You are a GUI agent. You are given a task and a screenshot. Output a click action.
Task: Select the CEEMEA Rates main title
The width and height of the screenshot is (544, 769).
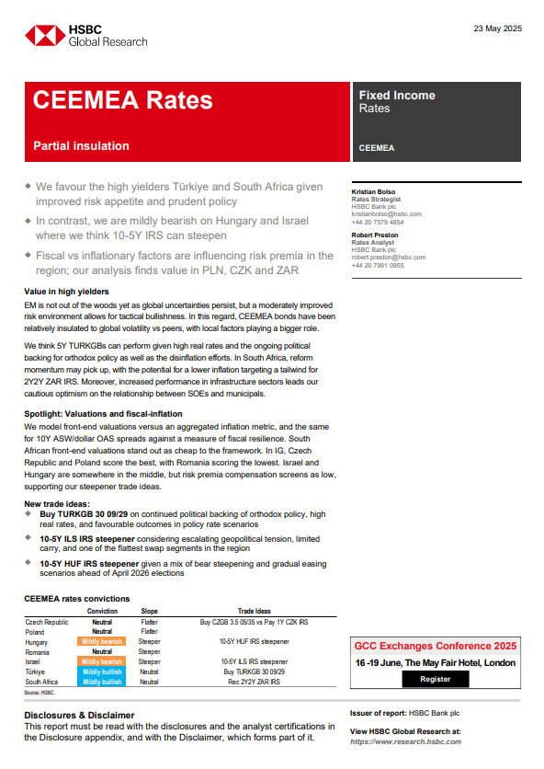pyautogui.click(x=122, y=100)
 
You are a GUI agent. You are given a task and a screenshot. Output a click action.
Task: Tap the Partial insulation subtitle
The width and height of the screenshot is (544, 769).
pyautogui.click(x=81, y=145)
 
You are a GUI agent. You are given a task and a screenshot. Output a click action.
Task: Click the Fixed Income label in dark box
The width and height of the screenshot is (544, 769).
pyautogui.click(x=397, y=95)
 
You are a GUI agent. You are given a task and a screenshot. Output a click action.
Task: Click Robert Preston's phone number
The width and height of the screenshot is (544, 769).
pyautogui.click(x=378, y=265)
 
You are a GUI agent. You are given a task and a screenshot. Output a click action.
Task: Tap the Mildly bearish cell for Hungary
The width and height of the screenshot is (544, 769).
pyautogui.click(x=102, y=641)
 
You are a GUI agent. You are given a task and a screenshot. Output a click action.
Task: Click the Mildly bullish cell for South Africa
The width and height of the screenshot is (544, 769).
pyautogui.click(x=102, y=682)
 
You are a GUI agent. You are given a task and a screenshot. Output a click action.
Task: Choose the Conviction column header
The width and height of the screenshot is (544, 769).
pyautogui.click(x=102, y=611)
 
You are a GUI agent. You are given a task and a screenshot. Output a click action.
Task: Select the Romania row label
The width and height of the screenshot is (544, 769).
pyautogui.click(x=39, y=651)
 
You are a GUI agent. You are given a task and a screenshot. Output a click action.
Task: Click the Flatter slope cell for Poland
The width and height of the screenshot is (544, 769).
pyautogui.click(x=149, y=631)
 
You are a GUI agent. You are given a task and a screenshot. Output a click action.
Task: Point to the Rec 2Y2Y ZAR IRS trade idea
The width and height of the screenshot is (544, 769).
pyautogui.click(x=254, y=682)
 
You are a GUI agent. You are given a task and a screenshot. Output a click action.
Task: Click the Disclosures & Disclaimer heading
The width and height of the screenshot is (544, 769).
pyautogui.click(x=79, y=715)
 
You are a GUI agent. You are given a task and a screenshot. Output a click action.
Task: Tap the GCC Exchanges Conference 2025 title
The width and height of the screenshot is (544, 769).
pyautogui.click(x=435, y=646)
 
